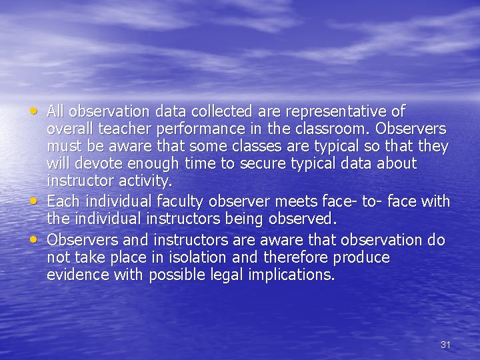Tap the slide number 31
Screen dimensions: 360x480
446,345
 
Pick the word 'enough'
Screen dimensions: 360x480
152,163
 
